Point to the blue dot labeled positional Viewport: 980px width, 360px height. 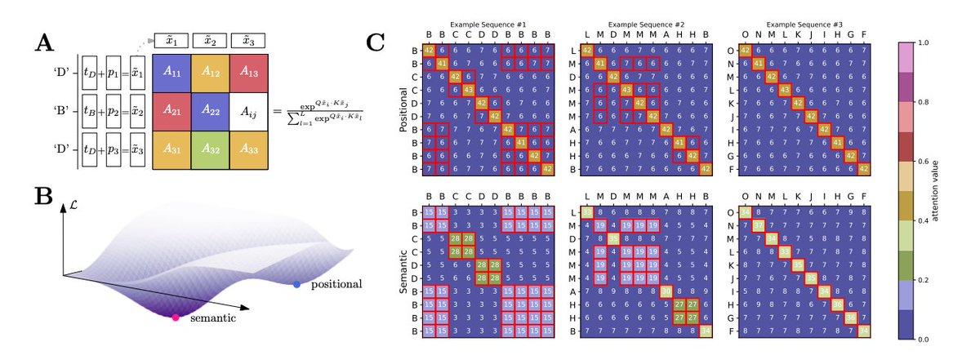pyautogui.click(x=296, y=284)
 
